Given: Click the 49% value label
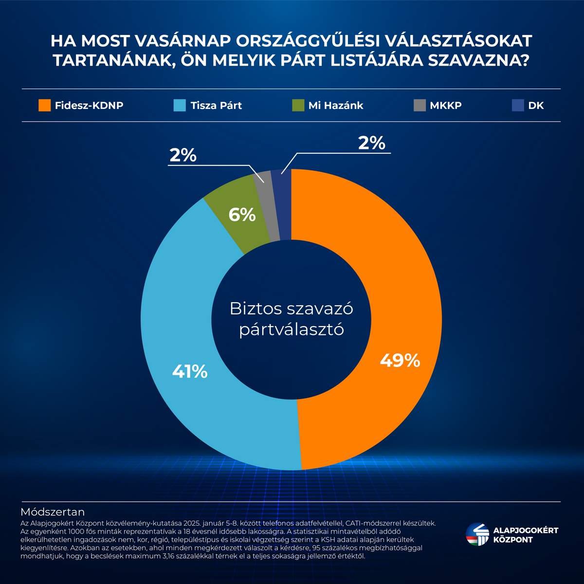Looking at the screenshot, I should coord(400,361).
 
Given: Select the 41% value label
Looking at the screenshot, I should coord(190,372).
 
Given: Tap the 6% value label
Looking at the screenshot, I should coord(242,215).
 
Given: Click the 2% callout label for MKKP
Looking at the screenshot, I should coord(183,155).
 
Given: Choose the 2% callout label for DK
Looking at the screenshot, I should coord(371,143).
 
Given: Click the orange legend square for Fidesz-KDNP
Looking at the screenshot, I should coord(44,105).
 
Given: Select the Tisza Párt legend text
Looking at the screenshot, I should coord(216,106).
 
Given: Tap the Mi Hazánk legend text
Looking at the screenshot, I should coord(335,106).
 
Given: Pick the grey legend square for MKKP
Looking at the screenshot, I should coord(420,105).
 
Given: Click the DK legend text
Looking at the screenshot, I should coord(536,106).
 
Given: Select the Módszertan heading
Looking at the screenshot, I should coord(53,512).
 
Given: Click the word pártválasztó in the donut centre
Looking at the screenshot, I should coord(292,329).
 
